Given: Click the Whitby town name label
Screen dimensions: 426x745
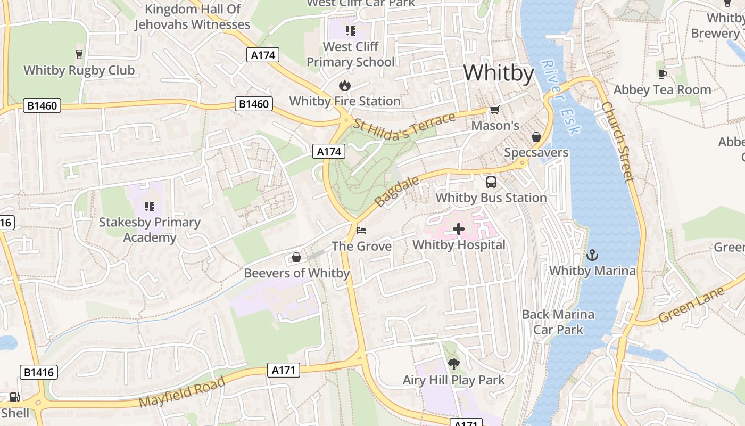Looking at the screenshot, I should pyautogui.click(x=498, y=73).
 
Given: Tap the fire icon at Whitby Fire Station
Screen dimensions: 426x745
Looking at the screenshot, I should pyautogui.click(x=344, y=85).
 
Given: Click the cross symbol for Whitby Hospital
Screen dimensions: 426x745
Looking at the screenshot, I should pyautogui.click(x=459, y=230).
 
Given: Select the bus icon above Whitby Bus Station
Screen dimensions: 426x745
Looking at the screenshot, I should pyautogui.click(x=491, y=182).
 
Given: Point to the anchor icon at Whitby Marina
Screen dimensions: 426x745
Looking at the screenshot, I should pyautogui.click(x=592, y=255).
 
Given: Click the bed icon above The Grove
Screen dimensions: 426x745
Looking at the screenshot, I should pyautogui.click(x=361, y=231).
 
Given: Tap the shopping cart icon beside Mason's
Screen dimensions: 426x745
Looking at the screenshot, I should pyautogui.click(x=494, y=110).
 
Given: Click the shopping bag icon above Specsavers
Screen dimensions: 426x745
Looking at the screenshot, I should pyautogui.click(x=536, y=137).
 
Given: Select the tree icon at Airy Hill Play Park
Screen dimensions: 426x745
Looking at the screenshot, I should pyautogui.click(x=453, y=365).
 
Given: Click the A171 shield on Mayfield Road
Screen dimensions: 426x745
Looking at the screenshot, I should pyautogui.click(x=285, y=370).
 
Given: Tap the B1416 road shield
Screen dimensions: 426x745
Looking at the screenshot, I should pyautogui.click(x=39, y=372).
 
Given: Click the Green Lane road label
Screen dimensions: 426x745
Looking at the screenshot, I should pyautogui.click(x=691, y=305).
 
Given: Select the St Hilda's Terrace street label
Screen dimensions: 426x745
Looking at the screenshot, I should pyautogui.click(x=404, y=126).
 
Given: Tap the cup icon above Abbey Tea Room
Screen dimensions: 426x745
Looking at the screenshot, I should pyautogui.click(x=662, y=74).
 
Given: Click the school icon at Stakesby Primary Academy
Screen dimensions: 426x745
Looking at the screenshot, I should pyautogui.click(x=149, y=206).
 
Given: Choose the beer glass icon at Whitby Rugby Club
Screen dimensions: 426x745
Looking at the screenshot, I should pyautogui.click(x=79, y=54).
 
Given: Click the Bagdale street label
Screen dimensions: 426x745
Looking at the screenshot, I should pyautogui.click(x=397, y=192).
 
